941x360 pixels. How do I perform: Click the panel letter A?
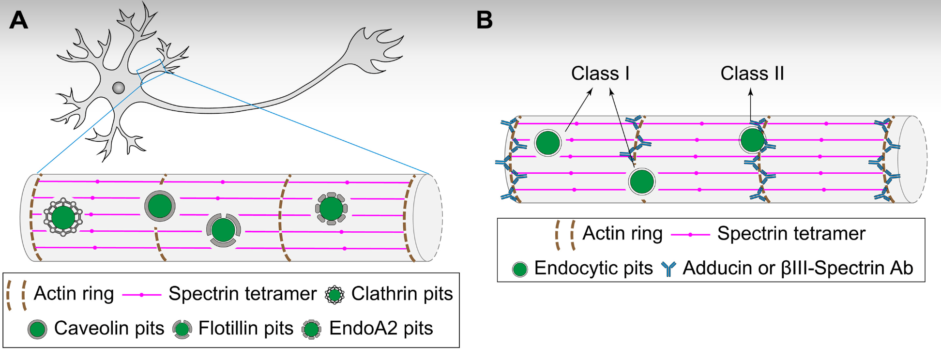click(x=19, y=20)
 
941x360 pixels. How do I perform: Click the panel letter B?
click(x=484, y=20)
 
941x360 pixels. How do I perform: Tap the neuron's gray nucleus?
click(x=119, y=88)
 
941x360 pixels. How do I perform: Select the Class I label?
click(x=600, y=74)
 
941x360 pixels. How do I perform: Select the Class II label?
click(x=752, y=74)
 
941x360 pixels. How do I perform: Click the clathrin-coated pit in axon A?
click(x=63, y=217)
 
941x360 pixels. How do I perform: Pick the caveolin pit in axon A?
click(x=160, y=206)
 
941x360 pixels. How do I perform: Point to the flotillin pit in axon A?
click(x=223, y=230)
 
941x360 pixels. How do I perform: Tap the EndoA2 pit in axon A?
click(x=331, y=209)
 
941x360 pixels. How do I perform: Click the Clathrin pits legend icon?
click(x=334, y=294)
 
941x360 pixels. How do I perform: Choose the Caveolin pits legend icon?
click(x=37, y=329)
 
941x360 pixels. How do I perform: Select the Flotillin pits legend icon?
click(x=182, y=329)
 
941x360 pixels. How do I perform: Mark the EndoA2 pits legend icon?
click(x=311, y=329)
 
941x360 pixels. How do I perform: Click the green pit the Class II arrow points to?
click(x=752, y=140)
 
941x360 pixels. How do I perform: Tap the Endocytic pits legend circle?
click(x=520, y=269)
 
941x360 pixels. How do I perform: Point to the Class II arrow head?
click(x=751, y=91)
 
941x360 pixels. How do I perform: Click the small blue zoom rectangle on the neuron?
click(x=151, y=68)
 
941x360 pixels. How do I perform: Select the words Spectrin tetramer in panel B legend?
click(x=791, y=234)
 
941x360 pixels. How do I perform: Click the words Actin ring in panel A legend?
click(x=74, y=294)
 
